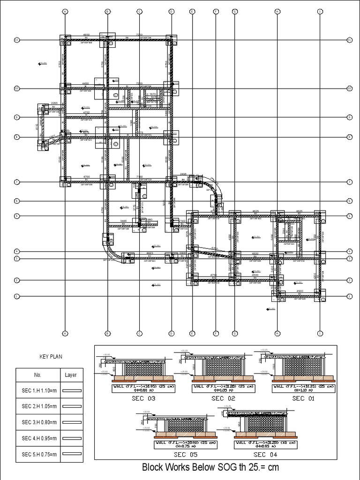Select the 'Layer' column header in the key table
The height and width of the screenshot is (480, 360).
pyautogui.click(x=71, y=375)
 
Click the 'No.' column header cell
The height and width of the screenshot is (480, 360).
pyautogui.click(x=37, y=375)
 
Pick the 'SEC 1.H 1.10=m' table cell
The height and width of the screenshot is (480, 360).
pyautogui.click(x=37, y=390)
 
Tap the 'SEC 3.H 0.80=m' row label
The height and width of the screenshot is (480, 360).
pyautogui.click(x=37, y=422)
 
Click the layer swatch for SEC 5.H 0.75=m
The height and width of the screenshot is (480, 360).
pyautogui.click(x=71, y=454)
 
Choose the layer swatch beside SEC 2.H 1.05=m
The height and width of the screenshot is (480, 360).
pyautogui.click(x=71, y=406)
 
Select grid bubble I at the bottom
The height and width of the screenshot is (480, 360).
pyautogui.click(x=320, y=333)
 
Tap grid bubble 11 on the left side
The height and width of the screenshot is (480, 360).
pyautogui.click(x=16, y=40)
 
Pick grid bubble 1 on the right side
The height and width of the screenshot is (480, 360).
pyautogui.click(x=349, y=296)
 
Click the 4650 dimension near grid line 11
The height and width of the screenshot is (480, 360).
pyautogui.click(x=86, y=35)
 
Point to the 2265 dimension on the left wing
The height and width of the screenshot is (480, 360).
pyautogui.click(x=54, y=103)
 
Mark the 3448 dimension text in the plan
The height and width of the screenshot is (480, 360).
pyautogui.click(x=123, y=220)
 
